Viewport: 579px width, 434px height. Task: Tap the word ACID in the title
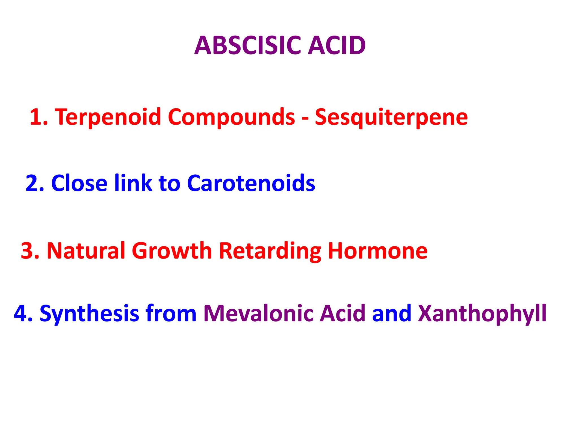[x=337, y=45]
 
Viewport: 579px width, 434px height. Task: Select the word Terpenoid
[x=108, y=117]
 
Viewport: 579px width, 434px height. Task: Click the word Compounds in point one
[x=232, y=117]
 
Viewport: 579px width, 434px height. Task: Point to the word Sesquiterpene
[x=391, y=117]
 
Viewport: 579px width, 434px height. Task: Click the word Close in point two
[x=79, y=183]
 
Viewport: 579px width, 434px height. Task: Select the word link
[x=133, y=183]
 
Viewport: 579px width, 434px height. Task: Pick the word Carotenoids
[x=251, y=183]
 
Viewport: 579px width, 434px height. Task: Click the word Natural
[x=86, y=251]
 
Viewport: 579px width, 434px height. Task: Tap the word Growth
[x=172, y=251]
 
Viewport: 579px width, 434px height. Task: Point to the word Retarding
[x=270, y=251]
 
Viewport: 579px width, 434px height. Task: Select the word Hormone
[x=378, y=251]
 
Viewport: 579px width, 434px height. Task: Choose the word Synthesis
[x=89, y=314]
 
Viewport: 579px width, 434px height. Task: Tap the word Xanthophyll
[x=482, y=314]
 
